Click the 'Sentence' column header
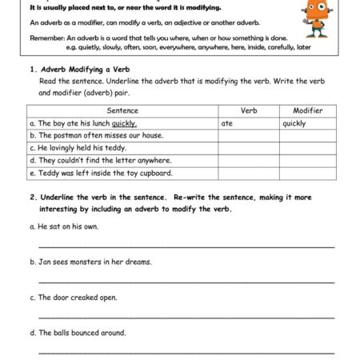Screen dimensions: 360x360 pyautogui.click(x=122, y=110)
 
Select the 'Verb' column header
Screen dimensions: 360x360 pyautogui.click(x=249, y=110)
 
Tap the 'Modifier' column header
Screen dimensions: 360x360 pyautogui.click(x=307, y=110)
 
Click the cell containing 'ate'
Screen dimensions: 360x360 pyautogui.click(x=227, y=123)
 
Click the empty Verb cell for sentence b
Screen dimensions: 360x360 pyautogui.click(x=249, y=136)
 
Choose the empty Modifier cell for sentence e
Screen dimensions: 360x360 pyautogui.click(x=307, y=172)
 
